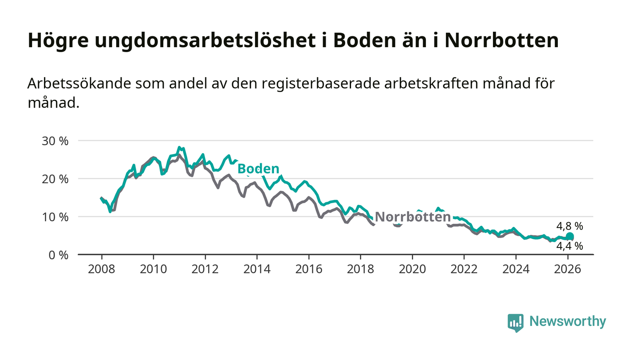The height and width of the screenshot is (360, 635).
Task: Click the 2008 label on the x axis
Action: click(102, 269)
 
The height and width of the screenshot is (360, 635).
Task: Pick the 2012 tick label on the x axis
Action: click(205, 269)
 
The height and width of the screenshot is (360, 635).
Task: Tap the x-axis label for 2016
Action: click(308, 269)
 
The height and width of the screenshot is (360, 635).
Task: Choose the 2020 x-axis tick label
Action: click(412, 269)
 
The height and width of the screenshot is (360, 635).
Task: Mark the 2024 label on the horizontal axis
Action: click(516, 269)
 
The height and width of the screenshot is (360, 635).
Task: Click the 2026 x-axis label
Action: click(567, 269)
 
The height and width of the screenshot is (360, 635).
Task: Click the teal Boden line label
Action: click(258, 169)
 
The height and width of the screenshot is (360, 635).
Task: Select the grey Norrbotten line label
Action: click(413, 217)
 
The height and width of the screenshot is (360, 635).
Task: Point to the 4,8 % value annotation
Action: click(570, 226)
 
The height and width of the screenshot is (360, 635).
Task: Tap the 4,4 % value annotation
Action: click(570, 246)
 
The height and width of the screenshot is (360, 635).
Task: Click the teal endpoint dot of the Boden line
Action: click(570, 236)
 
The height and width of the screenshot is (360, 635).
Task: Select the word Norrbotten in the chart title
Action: click(501, 41)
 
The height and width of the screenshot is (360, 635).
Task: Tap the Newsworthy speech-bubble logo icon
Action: click(515, 322)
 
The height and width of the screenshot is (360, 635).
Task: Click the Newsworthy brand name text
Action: click(567, 321)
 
